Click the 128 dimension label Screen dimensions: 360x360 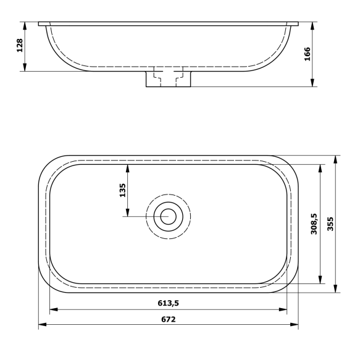(x=20, y=45)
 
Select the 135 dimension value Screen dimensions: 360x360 (x=122, y=190)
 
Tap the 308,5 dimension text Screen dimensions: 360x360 (x=314, y=224)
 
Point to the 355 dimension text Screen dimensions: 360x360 (x=330, y=224)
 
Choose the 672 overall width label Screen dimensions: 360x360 (x=168, y=319)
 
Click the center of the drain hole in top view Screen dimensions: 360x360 (x=168, y=216)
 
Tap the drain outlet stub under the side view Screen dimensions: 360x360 (x=168, y=79)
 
